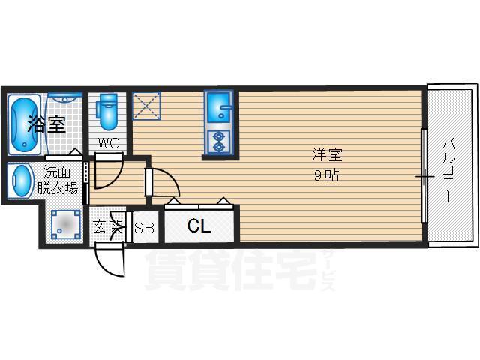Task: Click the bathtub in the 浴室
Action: [x=24, y=125]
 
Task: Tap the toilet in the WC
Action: [x=107, y=111]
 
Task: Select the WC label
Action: [x=108, y=143]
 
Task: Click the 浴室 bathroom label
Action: [x=46, y=124]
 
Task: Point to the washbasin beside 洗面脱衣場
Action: [x=21, y=181]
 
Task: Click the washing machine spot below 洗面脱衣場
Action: [x=65, y=225]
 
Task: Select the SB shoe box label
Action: [x=144, y=228]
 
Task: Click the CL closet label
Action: [x=199, y=226]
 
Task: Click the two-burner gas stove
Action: [x=219, y=142]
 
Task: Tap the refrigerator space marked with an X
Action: [x=146, y=106]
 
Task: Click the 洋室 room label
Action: [x=327, y=154]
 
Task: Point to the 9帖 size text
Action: [x=327, y=175]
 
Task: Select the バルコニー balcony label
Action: [x=448, y=171]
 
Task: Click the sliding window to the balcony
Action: [x=424, y=175]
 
